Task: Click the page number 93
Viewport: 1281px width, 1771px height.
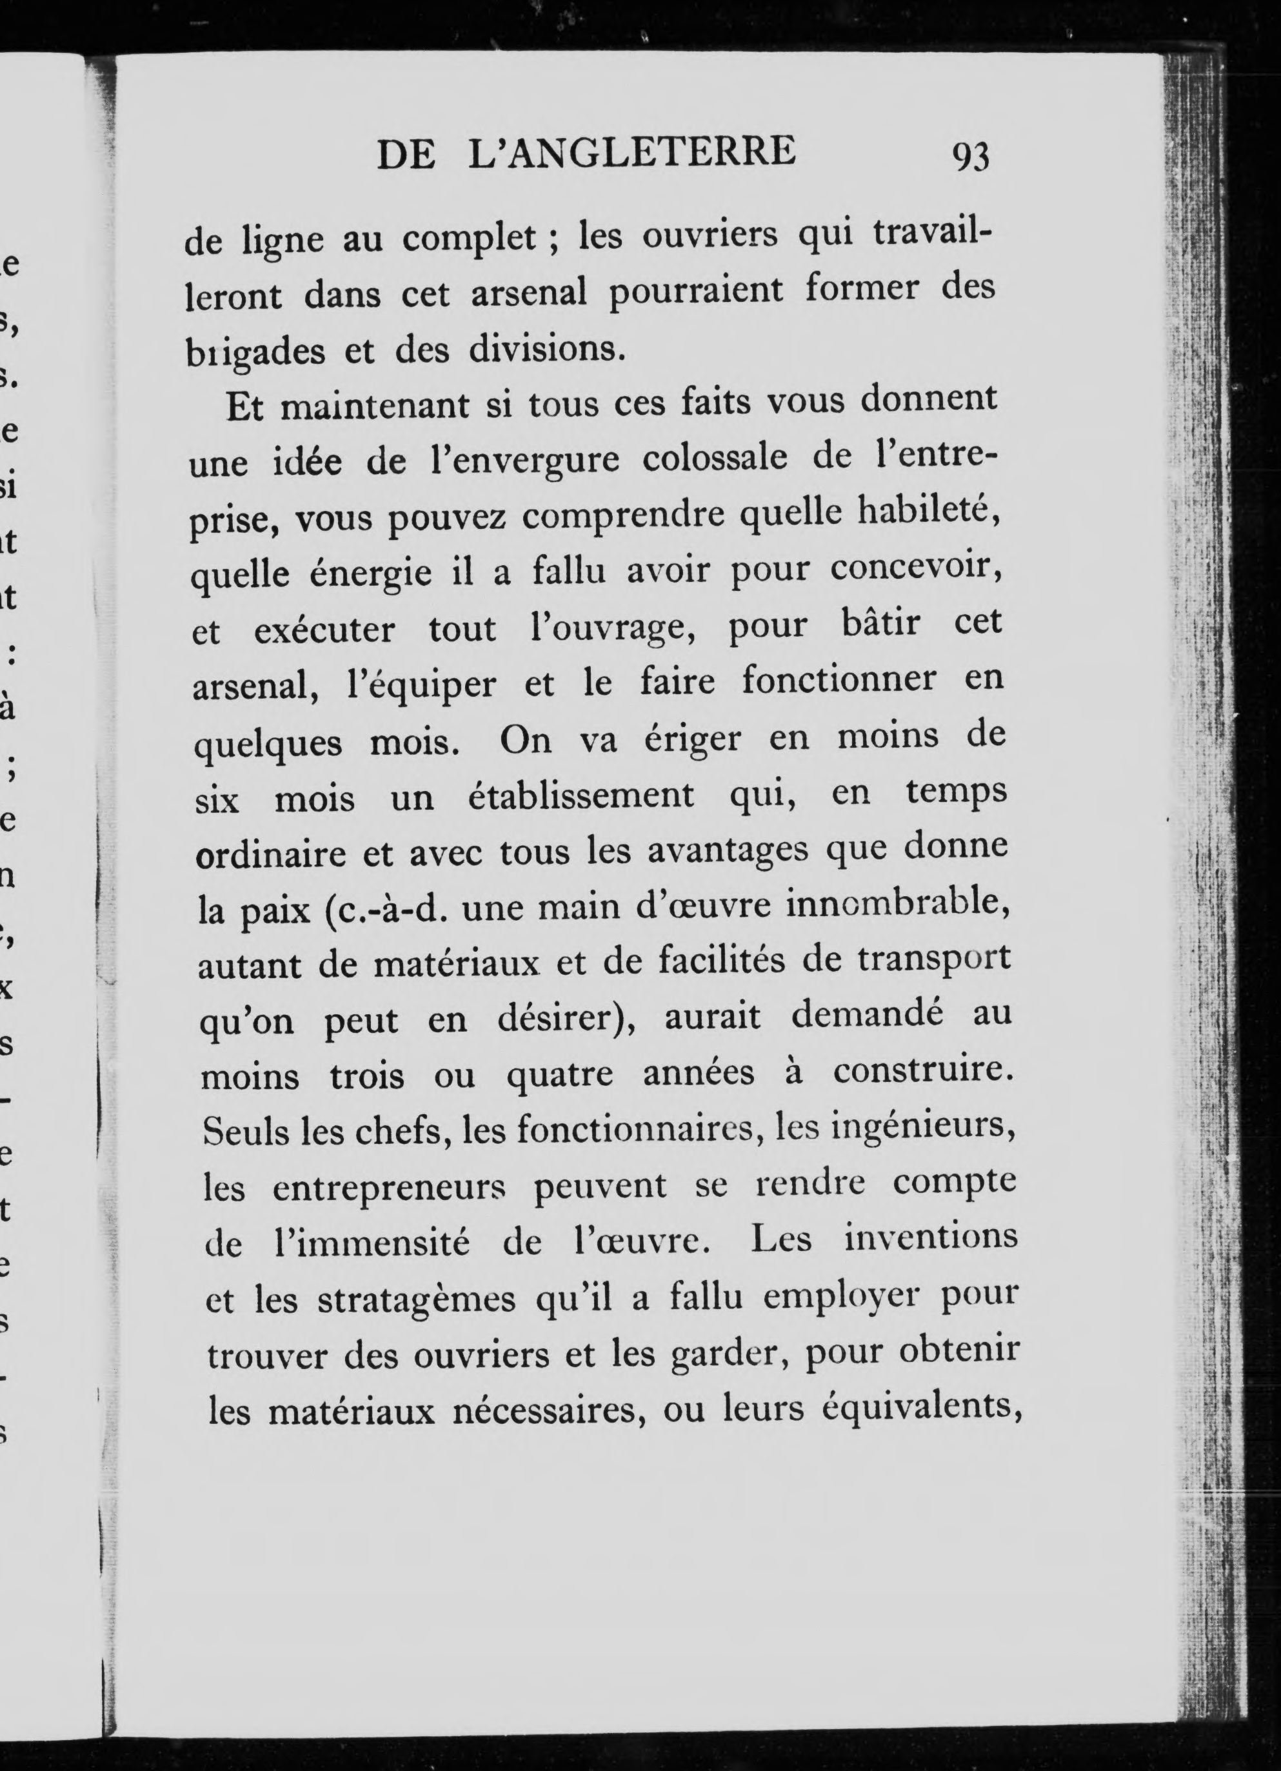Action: click(x=970, y=157)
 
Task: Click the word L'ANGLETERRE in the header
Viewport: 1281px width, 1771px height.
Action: click(x=632, y=152)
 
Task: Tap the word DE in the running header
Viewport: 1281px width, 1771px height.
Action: click(x=405, y=155)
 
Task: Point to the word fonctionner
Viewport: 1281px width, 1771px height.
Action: click(x=839, y=679)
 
